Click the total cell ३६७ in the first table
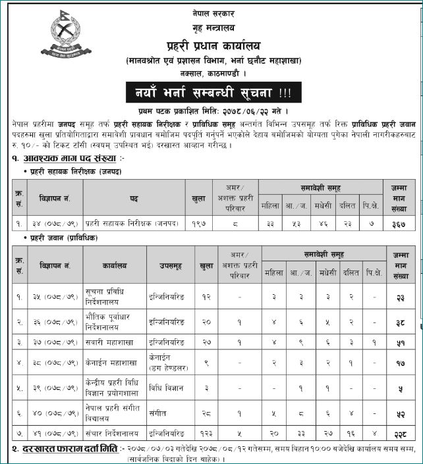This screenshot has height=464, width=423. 398,224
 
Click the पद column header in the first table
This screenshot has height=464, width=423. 134,197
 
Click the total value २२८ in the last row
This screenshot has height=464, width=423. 398,434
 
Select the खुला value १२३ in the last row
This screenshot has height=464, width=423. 206,434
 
